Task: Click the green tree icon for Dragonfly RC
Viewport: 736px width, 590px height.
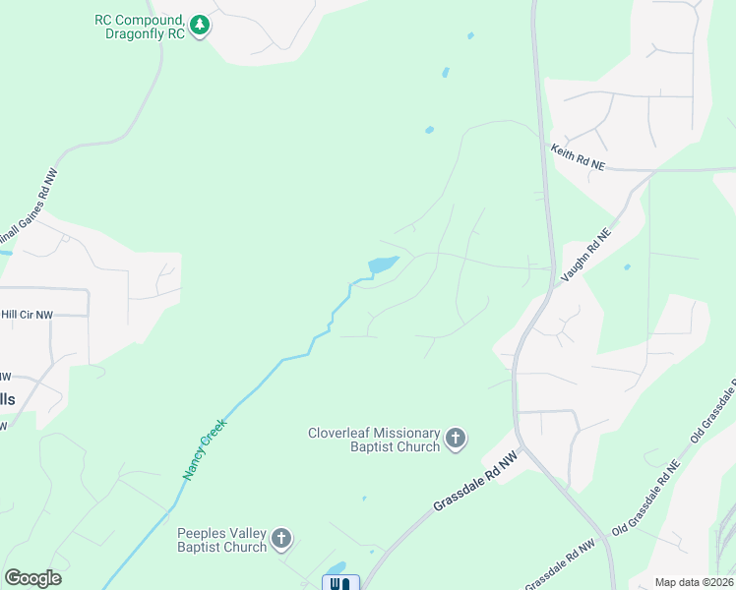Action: click(x=200, y=24)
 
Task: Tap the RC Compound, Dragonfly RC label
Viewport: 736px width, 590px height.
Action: click(x=139, y=26)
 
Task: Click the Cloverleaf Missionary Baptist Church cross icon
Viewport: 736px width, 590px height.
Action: click(x=455, y=438)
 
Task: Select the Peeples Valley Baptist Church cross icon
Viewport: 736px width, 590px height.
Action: click(x=281, y=538)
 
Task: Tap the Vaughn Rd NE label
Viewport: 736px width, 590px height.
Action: click(x=585, y=257)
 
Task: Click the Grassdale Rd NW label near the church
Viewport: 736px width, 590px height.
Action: click(x=474, y=482)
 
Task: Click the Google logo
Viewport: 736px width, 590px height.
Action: click(x=32, y=578)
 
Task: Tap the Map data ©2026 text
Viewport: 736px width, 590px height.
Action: click(x=694, y=582)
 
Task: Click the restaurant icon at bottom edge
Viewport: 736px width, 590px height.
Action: click(x=340, y=582)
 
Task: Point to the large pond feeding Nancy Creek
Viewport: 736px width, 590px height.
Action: click(x=382, y=265)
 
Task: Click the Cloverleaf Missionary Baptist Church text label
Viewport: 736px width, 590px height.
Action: click(x=374, y=439)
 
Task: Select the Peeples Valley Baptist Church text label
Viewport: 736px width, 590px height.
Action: click(x=221, y=539)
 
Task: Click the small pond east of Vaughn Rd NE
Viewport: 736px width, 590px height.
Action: click(x=627, y=266)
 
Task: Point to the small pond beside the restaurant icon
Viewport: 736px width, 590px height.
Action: click(x=337, y=568)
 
